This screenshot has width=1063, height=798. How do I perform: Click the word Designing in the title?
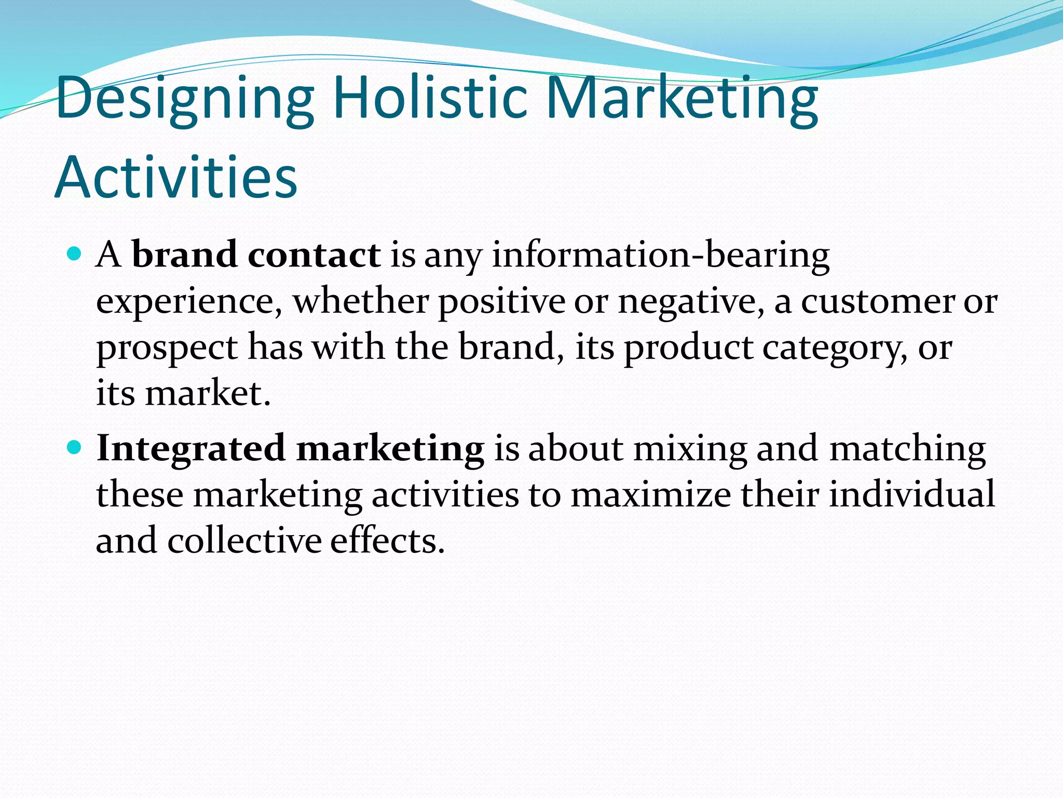[185, 99]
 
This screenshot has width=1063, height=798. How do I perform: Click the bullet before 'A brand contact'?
[75, 254]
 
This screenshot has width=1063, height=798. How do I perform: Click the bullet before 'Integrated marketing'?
[75, 447]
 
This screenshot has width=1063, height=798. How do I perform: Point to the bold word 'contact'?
[314, 255]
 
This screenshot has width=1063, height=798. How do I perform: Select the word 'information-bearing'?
[660, 256]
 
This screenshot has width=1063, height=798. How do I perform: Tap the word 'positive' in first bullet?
[501, 302]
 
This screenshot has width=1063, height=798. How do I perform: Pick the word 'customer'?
[878, 302]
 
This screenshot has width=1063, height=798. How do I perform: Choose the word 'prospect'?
[167, 348]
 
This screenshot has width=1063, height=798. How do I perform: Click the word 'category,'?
[835, 348]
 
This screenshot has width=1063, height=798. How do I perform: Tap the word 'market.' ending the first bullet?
[208, 393]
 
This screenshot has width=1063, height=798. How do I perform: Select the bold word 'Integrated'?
[190, 448]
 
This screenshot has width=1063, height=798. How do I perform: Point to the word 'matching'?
[907, 448]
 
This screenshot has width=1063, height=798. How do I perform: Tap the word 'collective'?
[244, 540]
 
